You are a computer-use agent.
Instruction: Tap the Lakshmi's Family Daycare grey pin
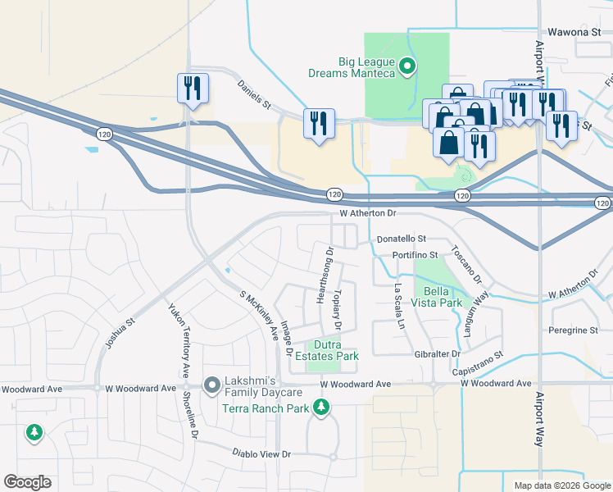pos(211,384)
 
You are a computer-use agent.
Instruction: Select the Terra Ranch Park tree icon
pos(321,408)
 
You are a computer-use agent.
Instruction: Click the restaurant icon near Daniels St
pos(317,124)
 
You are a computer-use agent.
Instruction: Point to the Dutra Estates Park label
pos(337,350)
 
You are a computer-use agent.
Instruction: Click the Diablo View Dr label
pos(261,453)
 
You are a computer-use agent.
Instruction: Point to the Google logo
pos(27,482)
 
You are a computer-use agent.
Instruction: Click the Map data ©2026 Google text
pos(562,485)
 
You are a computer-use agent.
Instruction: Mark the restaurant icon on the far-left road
pos(193,89)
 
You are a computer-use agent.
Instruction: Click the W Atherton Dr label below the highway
pos(369,213)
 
